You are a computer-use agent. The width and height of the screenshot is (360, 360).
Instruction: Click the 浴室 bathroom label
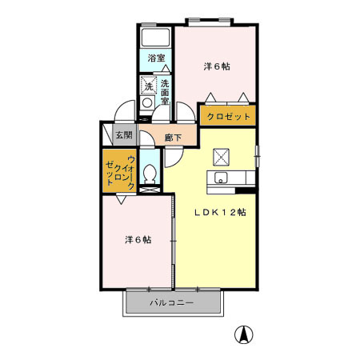(157, 58)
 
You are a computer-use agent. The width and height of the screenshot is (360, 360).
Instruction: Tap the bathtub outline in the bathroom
(156, 38)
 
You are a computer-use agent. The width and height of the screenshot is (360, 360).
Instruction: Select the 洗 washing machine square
(149, 86)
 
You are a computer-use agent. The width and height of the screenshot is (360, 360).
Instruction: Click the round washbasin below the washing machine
(148, 103)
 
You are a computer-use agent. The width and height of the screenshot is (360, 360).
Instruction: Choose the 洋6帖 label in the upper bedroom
(217, 66)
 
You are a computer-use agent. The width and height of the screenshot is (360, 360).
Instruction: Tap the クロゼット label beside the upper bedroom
(229, 116)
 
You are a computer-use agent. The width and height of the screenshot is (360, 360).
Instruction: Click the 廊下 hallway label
(173, 138)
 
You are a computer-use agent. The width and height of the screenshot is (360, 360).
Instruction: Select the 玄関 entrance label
(124, 136)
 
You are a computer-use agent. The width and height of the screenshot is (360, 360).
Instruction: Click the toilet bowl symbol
(150, 172)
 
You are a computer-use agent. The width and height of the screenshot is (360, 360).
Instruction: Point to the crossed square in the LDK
(221, 157)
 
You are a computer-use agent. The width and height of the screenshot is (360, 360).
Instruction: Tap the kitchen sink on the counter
(222, 178)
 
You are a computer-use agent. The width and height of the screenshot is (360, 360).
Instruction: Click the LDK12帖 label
(222, 213)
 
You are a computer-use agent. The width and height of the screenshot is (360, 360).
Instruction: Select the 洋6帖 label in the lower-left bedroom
(138, 239)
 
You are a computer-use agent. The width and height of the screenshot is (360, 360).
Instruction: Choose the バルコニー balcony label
(172, 303)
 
